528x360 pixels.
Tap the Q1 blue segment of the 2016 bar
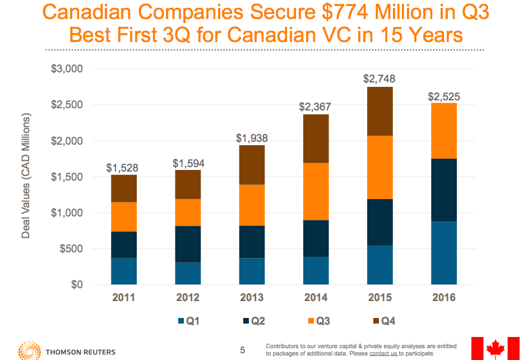click(x=444, y=253)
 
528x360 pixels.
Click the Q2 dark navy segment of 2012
click(x=188, y=244)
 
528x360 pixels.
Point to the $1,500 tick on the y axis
click(x=67, y=177)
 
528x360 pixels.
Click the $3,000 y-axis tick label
click(x=67, y=69)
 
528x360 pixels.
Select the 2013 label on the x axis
click(x=252, y=298)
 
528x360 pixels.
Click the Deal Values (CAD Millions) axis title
click(x=26, y=176)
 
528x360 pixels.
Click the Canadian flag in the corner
click(x=495, y=348)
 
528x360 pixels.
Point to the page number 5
click(x=243, y=350)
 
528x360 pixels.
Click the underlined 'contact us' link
click(x=383, y=354)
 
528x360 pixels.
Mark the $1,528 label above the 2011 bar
click(x=123, y=168)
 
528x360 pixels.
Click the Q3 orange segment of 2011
click(x=124, y=216)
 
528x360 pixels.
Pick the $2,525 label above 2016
click(x=444, y=96)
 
